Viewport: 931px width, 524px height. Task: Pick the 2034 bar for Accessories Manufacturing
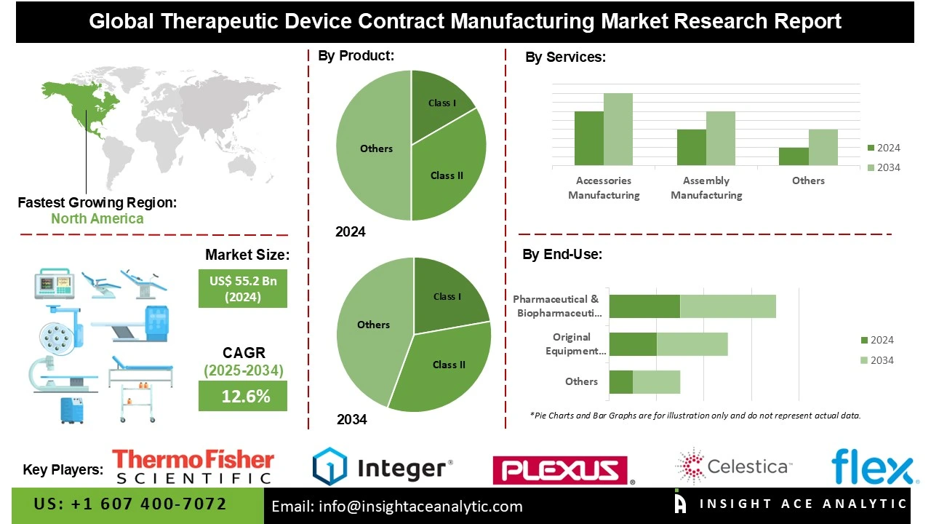[618, 129]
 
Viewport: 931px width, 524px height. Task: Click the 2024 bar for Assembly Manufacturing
[691, 147]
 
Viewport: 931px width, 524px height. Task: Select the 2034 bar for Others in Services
[823, 147]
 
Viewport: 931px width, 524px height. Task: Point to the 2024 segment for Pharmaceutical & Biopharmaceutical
[644, 306]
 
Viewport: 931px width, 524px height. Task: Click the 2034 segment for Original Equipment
[692, 344]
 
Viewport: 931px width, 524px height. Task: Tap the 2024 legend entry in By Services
[884, 148]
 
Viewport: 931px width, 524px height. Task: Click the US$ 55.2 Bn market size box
[243, 288]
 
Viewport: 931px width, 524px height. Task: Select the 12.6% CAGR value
[243, 396]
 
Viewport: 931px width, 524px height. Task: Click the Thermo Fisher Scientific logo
[193, 467]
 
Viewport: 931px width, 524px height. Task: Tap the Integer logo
[383, 467]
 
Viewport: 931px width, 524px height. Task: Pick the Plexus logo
[561, 470]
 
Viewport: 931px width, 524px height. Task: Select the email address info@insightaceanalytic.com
[397, 507]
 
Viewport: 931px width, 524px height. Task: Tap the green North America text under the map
[97, 218]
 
